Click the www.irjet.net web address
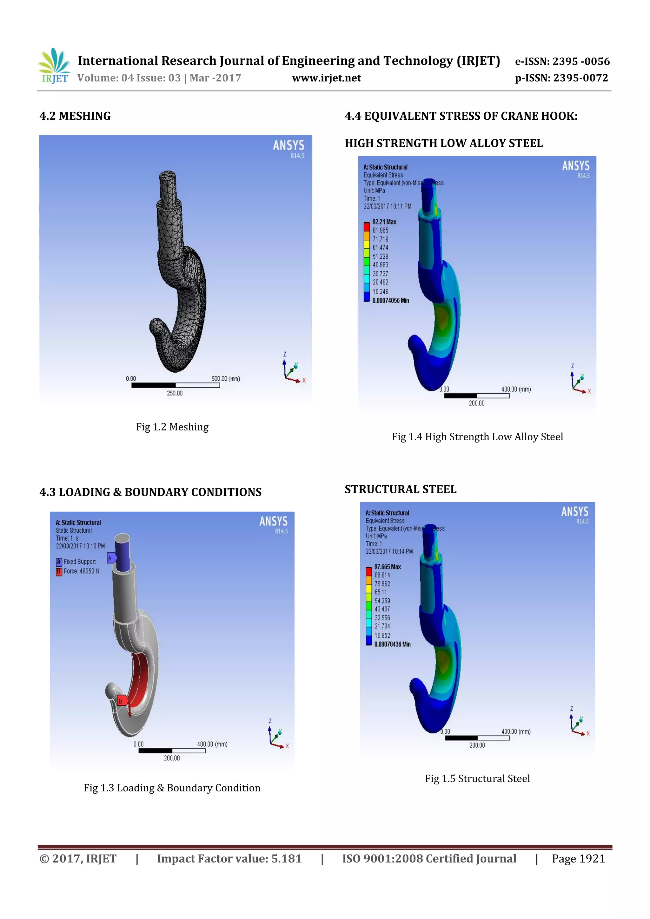pyautogui.click(x=326, y=78)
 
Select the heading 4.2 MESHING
pyautogui.click(x=75, y=116)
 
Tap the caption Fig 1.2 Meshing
pyautogui.click(x=172, y=427)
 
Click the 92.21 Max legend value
pyautogui.click(x=384, y=222)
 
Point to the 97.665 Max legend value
pyautogui.click(x=388, y=567)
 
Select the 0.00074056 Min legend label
pyautogui.click(x=391, y=301)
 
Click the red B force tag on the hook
pyautogui.click(x=121, y=701)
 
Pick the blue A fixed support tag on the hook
pyautogui.click(x=110, y=558)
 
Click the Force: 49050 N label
pyautogui.click(x=81, y=571)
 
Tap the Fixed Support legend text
pyautogui.click(x=80, y=562)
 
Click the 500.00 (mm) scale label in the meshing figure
pyautogui.click(x=226, y=379)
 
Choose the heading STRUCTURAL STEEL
pyautogui.click(x=400, y=489)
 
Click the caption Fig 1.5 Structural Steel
pyautogui.click(x=477, y=778)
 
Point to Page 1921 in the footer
pyautogui.click(x=578, y=859)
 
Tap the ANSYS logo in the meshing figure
pyautogui.click(x=289, y=146)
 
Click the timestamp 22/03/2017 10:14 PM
pyautogui.click(x=389, y=552)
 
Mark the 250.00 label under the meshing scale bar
pyautogui.click(x=175, y=393)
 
